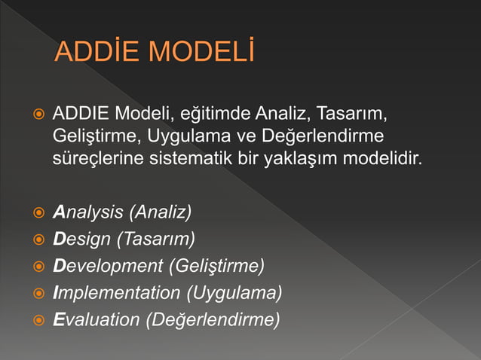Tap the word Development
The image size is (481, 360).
[109, 266]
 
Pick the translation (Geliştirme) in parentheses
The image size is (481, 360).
[216, 266]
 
